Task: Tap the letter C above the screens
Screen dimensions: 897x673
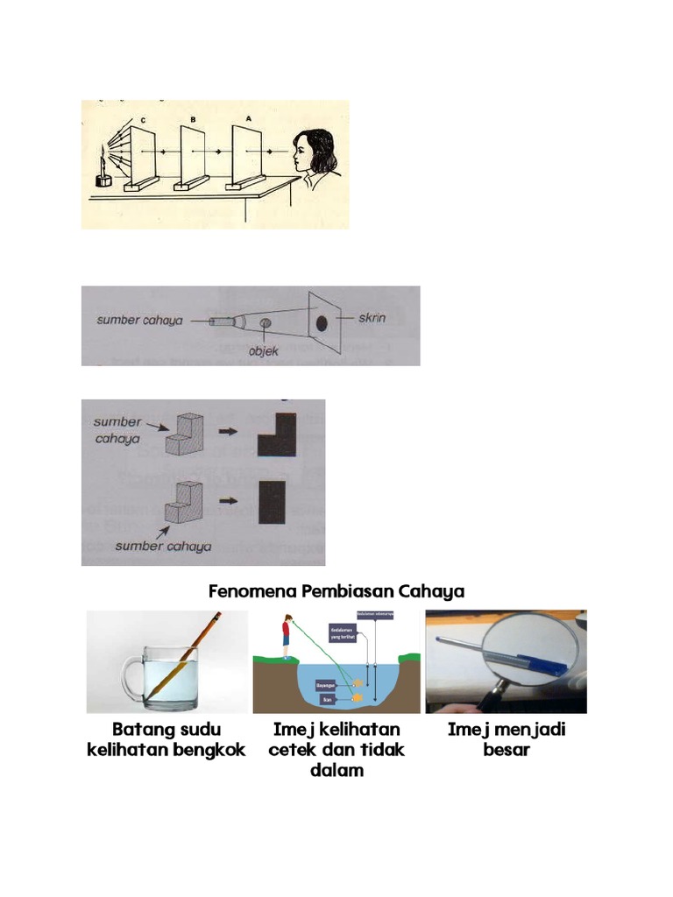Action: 144,120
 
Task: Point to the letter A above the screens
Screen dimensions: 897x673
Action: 249,117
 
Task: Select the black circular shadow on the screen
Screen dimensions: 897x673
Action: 321,322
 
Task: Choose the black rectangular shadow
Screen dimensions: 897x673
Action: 273,503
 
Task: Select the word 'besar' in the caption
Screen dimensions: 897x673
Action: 506,751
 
